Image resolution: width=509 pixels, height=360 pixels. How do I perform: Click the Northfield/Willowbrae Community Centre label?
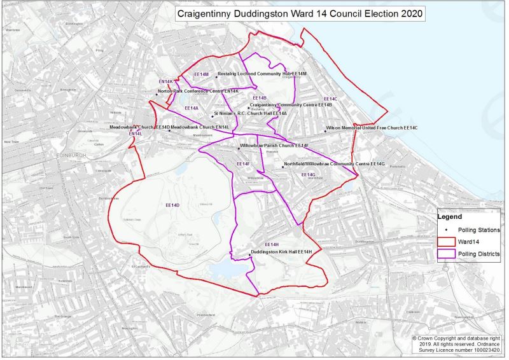pos(335,164)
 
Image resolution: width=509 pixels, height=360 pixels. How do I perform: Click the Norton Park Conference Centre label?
pos(198,92)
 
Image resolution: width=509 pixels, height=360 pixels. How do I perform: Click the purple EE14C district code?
pos(330,99)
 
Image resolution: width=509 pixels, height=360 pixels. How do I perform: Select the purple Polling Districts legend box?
pos(447,254)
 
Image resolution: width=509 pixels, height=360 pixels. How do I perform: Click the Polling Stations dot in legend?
pos(447,230)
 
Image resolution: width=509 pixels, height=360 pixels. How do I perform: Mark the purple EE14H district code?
pos(272,244)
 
